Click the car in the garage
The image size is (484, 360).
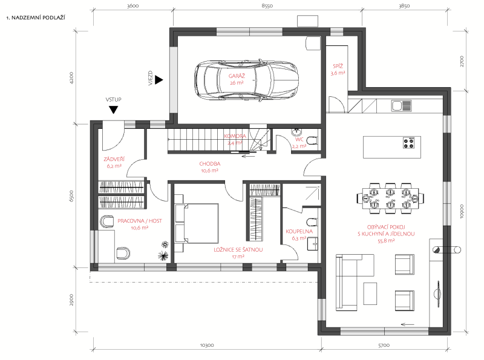(247, 79)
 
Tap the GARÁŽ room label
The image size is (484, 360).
(237, 76)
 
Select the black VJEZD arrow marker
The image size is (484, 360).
(159, 80)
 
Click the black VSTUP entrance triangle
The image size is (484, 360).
(114, 110)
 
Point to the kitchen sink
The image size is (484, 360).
(401, 106)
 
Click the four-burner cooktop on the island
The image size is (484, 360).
(408, 143)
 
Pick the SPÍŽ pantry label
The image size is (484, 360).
(338, 66)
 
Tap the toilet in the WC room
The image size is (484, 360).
(312, 141)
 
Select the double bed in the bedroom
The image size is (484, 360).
(197, 223)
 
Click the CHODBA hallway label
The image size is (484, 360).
(210, 163)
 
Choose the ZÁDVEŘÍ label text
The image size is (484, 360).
(114, 159)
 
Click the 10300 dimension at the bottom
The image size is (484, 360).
(207, 345)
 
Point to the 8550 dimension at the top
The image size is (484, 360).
(267, 5)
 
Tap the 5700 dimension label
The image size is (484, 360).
(384, 345)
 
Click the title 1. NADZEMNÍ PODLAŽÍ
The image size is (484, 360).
(36, 18)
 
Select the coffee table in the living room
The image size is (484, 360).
(370, 293)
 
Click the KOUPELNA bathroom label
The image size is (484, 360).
(299, 231)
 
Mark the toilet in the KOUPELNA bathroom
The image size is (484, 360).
(312, 222)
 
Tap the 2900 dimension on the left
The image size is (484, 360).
(71, 299)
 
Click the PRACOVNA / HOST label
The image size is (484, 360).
(140, 221)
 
